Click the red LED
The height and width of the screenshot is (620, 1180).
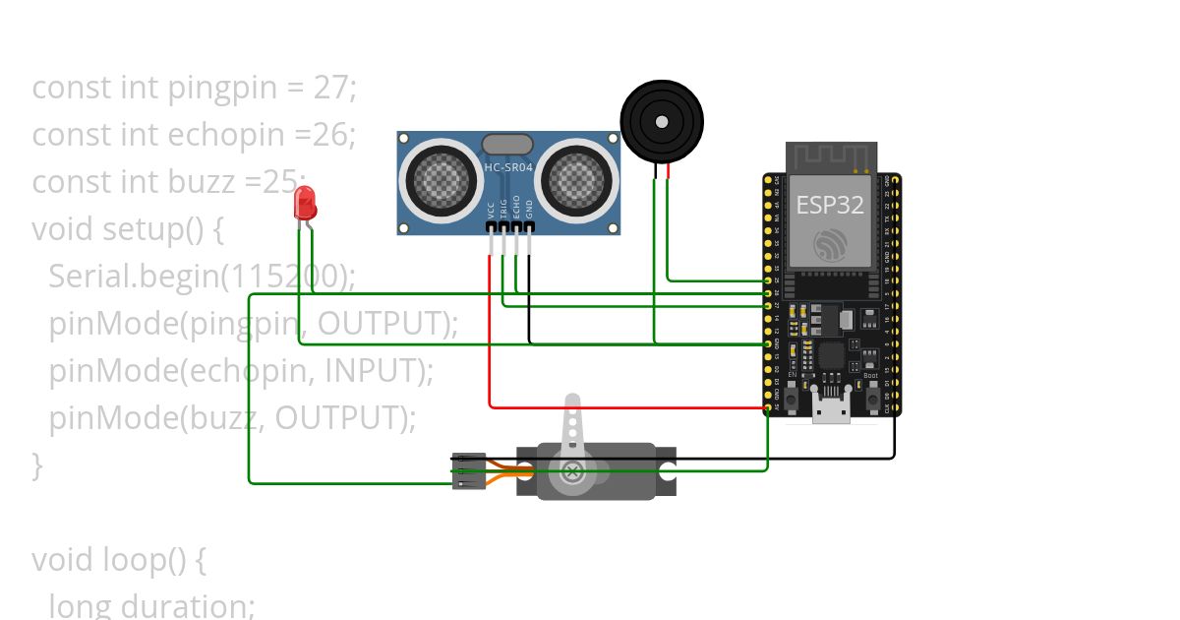pos(305,203)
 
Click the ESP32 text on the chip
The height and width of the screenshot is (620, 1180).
pos(829,205)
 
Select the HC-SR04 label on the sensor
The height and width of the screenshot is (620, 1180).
pos(508,168)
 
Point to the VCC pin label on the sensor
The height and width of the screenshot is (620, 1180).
pos(491,210)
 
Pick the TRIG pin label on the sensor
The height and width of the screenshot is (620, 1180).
pos(503,208)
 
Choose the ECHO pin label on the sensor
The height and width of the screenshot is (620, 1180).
pos(516,208)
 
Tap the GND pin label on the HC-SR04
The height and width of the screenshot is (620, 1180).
pos(529,210)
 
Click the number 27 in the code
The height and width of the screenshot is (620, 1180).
pos(331,88)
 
